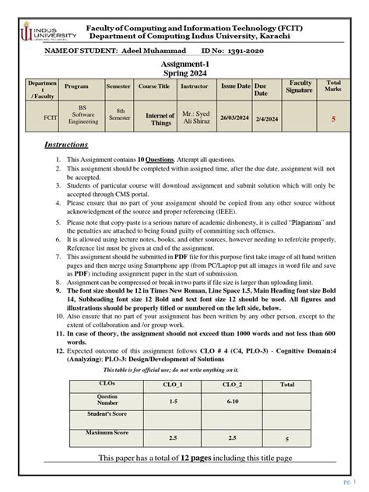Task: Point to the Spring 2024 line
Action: pos(184,75)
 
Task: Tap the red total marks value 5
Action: pos(333,119)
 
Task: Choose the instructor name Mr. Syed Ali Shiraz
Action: pos(195,118)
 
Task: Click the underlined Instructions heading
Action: pos(66,145)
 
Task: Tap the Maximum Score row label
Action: pos(107,432)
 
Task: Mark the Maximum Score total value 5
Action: pos(287,438)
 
